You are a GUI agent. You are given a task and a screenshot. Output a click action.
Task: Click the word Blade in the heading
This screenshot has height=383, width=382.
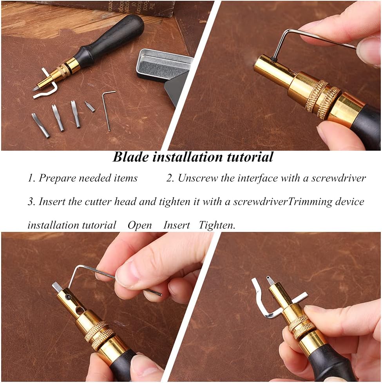[130, 157]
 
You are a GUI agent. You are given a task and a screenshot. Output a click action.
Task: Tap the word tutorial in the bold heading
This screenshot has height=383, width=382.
[250, 157]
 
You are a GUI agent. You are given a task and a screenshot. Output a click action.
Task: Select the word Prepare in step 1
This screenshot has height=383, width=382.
[57, 178]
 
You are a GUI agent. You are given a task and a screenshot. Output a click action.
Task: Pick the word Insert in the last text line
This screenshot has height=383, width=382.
[177, 225]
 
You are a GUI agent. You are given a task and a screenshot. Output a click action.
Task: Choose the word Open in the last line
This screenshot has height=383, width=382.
[139, 225]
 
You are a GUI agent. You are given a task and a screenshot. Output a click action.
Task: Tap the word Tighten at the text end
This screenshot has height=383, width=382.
[217, 225]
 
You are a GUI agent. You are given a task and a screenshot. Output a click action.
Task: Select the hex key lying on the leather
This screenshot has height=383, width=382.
[108, 110]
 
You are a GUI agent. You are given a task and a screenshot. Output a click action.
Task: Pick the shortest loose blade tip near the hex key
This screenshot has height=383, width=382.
[89, 106]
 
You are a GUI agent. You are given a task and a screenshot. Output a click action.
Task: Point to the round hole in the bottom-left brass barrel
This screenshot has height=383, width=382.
[80, 311]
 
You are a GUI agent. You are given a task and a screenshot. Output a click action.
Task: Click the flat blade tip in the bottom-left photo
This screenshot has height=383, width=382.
[56, 287]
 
